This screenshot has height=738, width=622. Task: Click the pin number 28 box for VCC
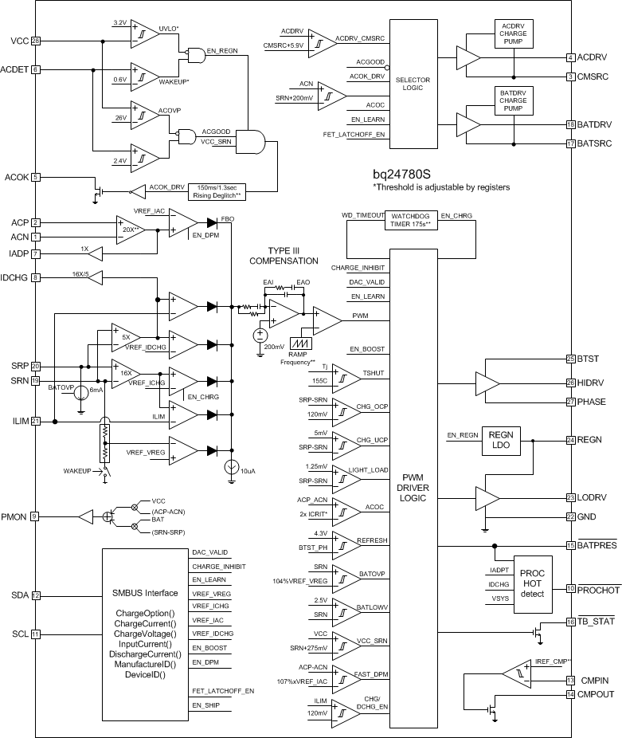point(36,41)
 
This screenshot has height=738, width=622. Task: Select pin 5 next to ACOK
point(36,177)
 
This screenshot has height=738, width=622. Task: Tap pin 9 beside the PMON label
point(36,516)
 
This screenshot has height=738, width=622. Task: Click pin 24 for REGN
point(570,439)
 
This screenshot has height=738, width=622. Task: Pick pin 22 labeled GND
point(570,516)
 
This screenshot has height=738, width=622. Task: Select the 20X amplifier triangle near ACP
point(129,229)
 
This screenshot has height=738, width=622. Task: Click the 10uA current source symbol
point(231,468)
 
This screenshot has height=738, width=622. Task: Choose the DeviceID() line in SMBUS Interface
point(145,674)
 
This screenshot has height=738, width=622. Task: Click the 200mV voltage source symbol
point(259,335)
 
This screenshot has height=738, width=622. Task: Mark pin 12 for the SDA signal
point(36,595)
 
